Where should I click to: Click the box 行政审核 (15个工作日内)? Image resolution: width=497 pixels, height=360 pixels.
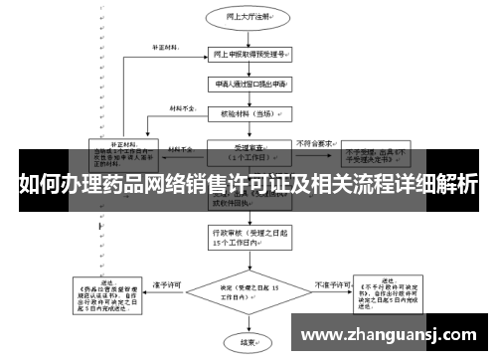[234, 237]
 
